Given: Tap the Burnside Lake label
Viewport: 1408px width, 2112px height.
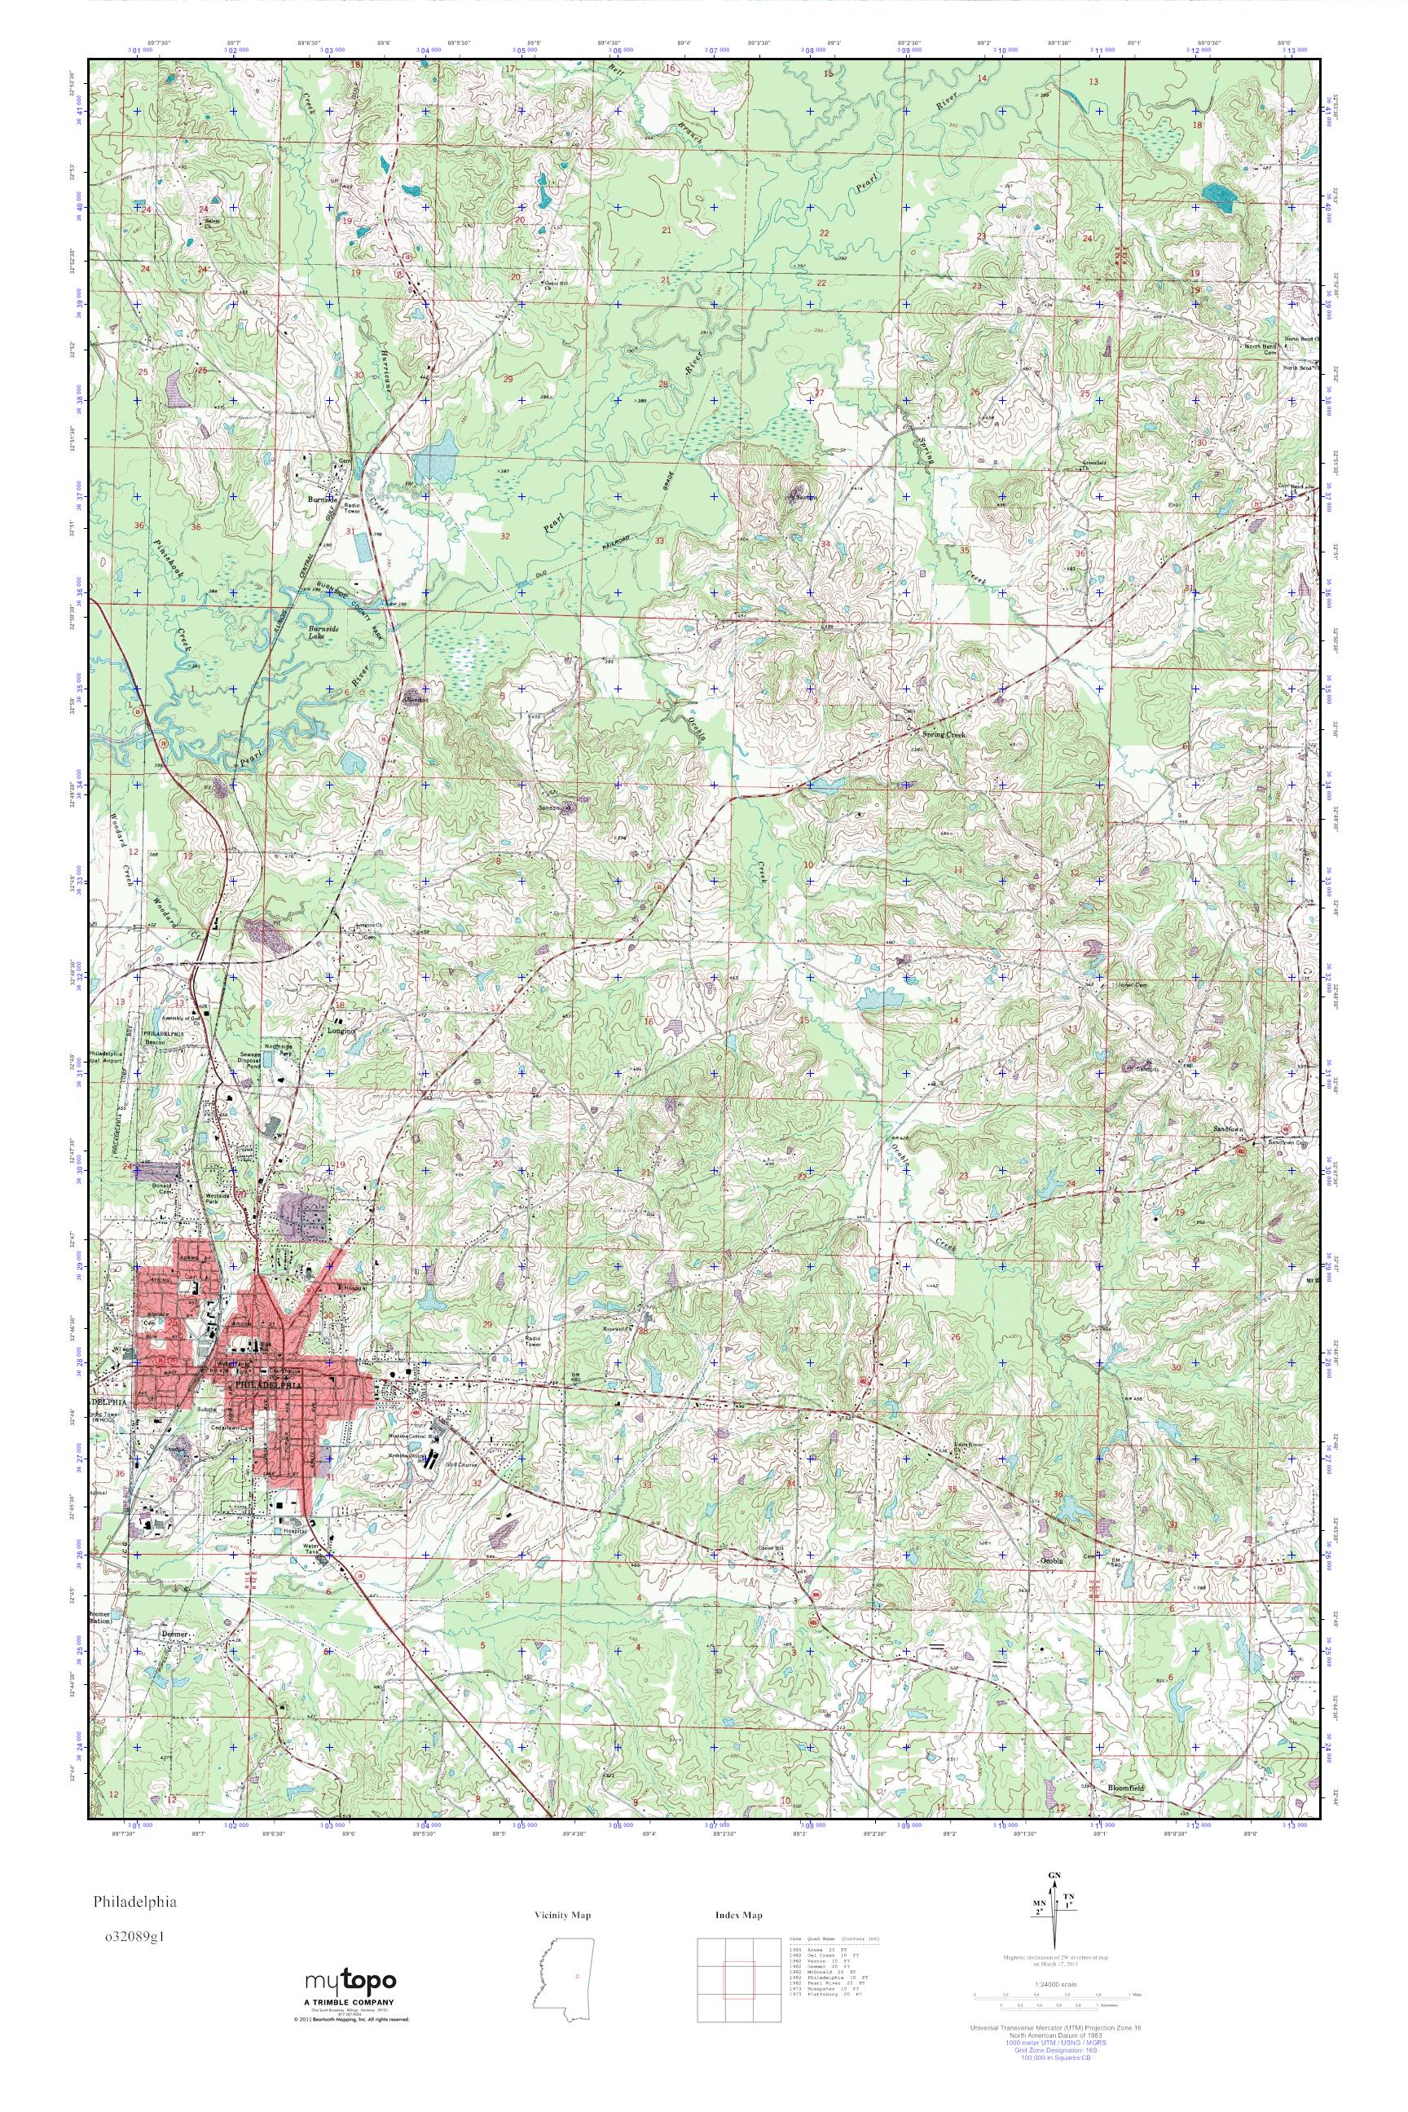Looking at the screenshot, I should click(322, 633).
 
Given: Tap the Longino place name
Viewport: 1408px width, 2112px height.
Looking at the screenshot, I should click(344, 1032).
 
